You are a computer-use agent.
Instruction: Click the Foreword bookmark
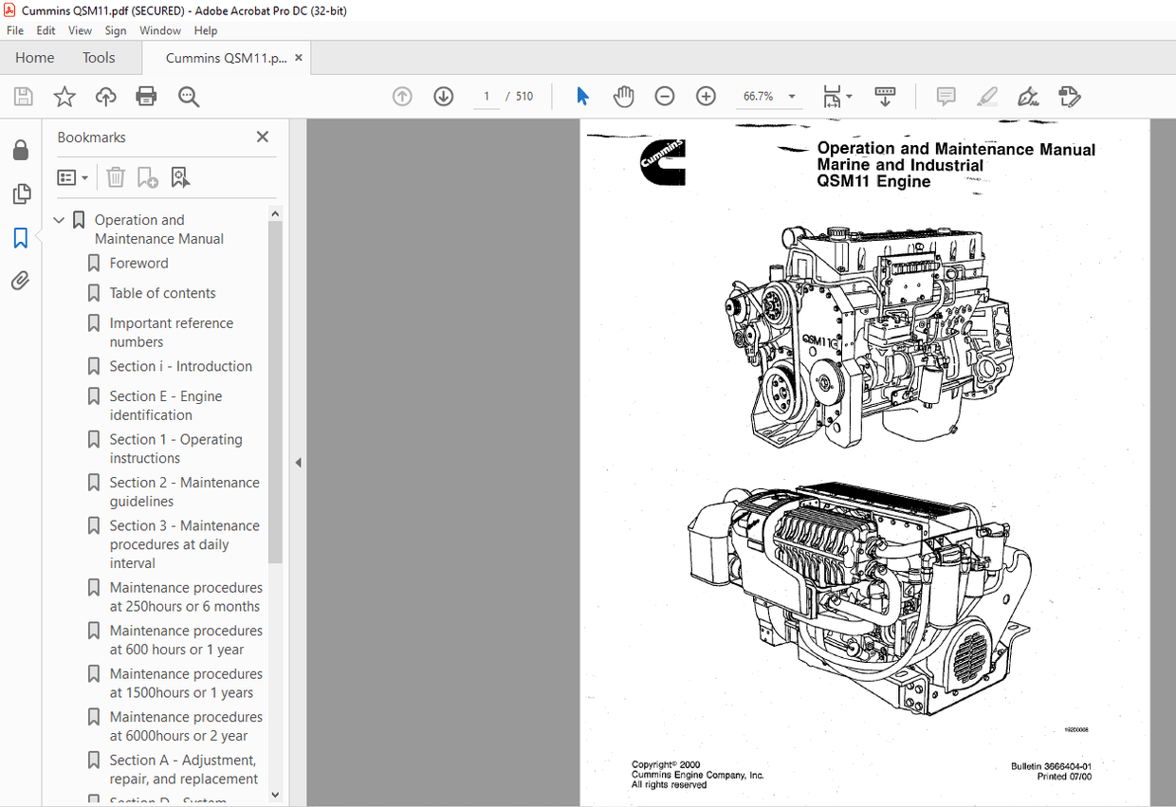click(138, 264)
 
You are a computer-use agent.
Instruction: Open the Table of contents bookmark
click(162, 293)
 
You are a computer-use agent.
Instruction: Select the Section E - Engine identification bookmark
click(166, 406)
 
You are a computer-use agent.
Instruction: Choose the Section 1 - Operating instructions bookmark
click(175, 449)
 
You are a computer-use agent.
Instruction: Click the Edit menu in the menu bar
click(46, 30)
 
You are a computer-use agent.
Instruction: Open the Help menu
click(206, 30)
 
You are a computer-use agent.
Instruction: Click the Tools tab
click(99, 58)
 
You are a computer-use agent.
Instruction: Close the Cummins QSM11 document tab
click(299, 58)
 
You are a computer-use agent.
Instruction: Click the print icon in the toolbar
click(146, 97)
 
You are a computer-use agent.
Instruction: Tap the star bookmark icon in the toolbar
click(64, 97)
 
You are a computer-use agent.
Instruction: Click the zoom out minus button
click(665, 97)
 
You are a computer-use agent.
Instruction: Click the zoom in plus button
click(706, 97)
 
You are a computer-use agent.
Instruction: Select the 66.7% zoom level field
click(758, 97)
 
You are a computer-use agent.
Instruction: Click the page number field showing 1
click(487, 97)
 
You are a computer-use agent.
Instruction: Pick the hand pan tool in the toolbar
click(623, 97)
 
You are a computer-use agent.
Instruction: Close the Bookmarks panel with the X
click(263, 138)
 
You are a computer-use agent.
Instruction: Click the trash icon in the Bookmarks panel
click(116, 177)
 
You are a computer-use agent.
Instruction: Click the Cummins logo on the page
click(662, 161)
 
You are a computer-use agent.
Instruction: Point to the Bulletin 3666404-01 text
click(1051, 766)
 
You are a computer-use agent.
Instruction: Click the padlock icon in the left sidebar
click(20, 151)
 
